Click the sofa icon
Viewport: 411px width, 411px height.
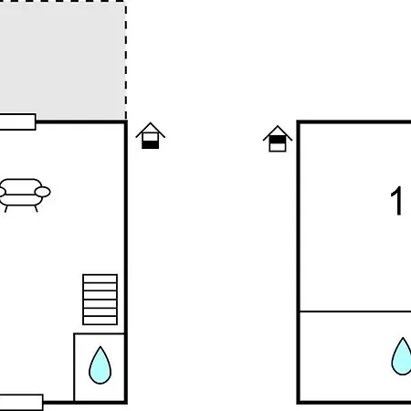tap(24, 195)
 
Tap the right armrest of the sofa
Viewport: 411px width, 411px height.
tap(43, 192)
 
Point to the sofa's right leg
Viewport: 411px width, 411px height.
tap(37, 208)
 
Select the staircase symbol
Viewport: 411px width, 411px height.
tap(100, 300)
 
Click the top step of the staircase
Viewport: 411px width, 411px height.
tap(100, 279)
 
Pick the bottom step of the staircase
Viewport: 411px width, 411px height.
tap(100, 321)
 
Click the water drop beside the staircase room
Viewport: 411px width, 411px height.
tap(100, 366)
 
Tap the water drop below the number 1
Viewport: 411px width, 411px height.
tap(402, 357)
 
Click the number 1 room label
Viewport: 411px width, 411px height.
tap(396, 201)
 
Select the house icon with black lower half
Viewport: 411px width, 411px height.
tap(151, 136)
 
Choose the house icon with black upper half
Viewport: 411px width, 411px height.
tap(278, 139)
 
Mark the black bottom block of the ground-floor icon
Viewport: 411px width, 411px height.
tap(151, 145)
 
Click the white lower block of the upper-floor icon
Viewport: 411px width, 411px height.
tap(278, 147)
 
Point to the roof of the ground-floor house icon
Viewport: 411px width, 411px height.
tap(151, 130)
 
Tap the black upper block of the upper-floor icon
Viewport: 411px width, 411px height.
tap(278, 140)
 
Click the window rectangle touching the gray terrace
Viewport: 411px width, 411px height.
tap(17, 121)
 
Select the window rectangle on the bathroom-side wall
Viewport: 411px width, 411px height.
tap(21, 402)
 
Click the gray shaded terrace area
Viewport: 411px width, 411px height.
tap(62, 60)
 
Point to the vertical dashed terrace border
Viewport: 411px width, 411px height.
tap(126, 60)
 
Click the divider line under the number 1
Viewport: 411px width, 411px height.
tap(355, 311)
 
